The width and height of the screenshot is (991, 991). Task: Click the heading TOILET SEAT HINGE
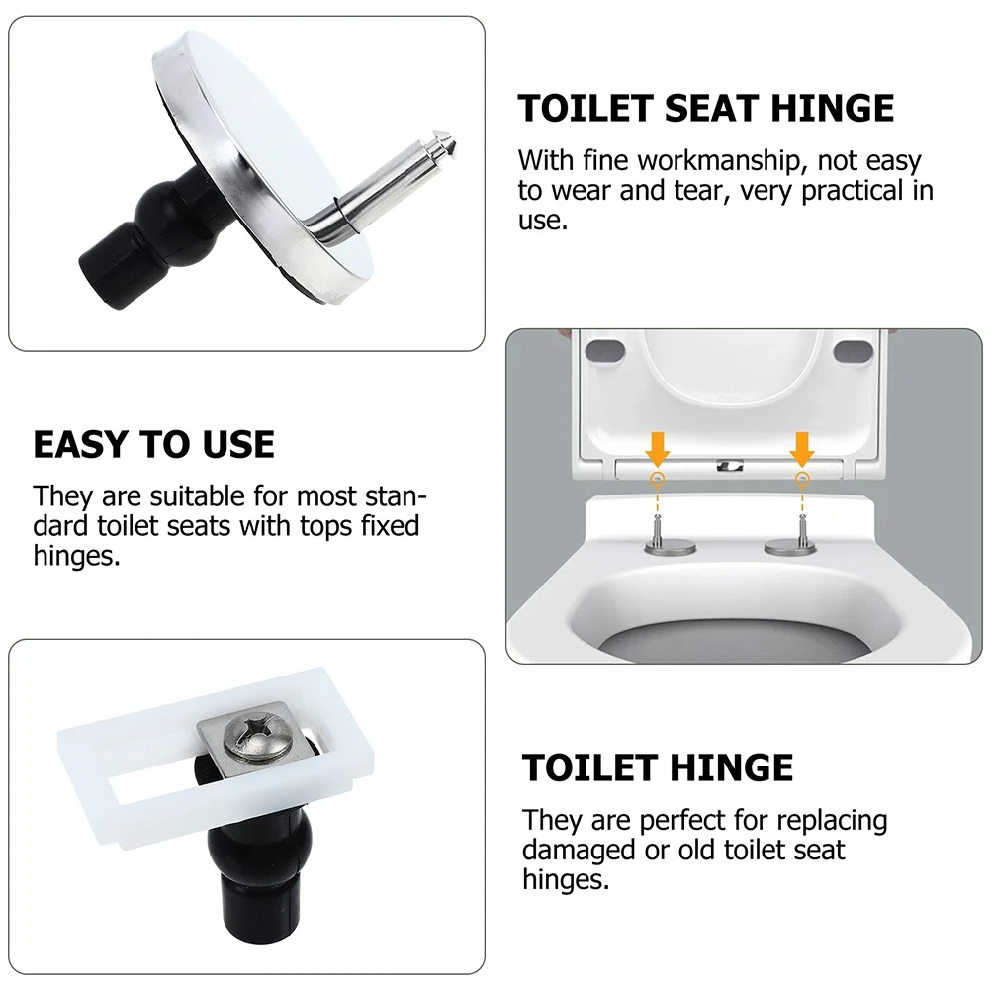click(705, 108)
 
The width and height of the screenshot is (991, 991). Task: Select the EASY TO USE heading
click(153, 444)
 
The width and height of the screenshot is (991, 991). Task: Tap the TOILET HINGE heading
click(658, 767)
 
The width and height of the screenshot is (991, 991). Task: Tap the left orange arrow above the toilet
click(658, 449)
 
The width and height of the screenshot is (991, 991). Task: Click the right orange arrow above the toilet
click(802, 449)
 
